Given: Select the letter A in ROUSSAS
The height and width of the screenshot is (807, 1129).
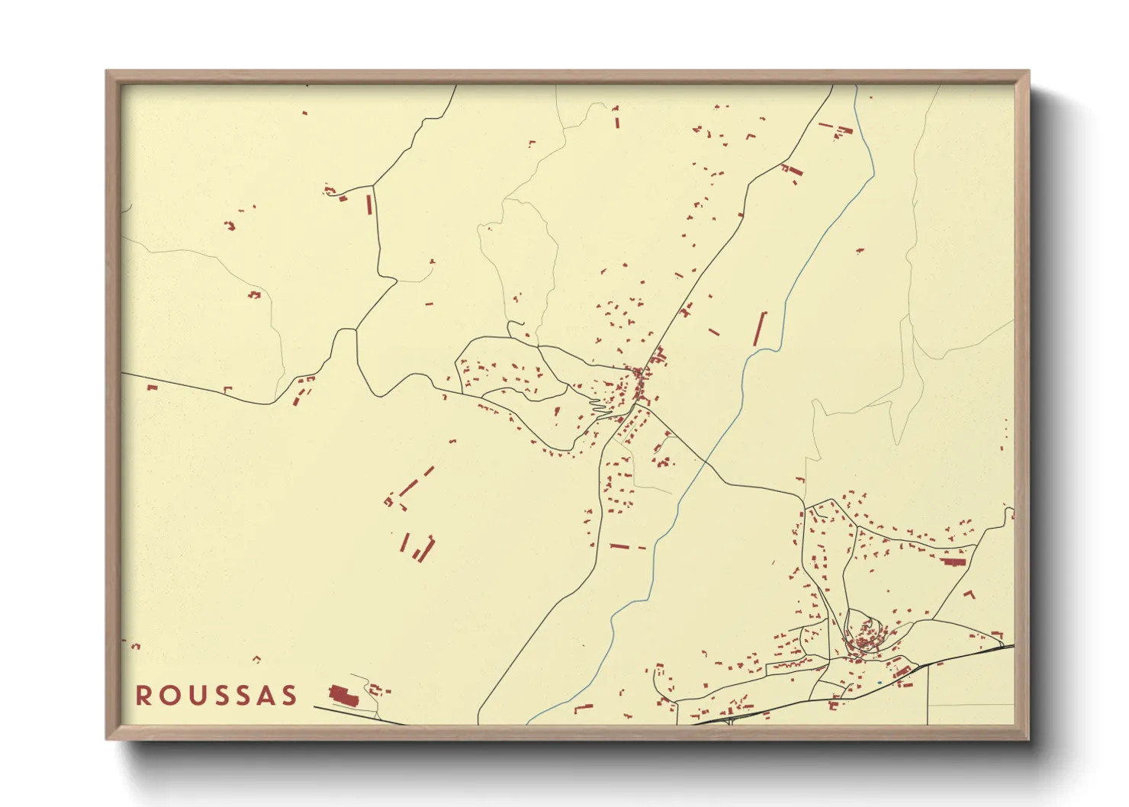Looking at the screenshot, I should click(x=264, y=696).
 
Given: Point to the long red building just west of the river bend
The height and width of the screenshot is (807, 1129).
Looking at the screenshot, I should click(x=760, y=329).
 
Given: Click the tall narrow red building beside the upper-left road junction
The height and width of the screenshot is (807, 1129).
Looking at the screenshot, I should click(x=370, y=204).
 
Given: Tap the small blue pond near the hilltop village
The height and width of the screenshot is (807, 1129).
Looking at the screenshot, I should click(x=879, y=682).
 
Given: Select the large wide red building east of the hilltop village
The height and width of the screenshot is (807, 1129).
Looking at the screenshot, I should click(x=954, y=561).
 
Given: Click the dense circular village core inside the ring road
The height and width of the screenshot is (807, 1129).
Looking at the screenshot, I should click(x=866, y=636).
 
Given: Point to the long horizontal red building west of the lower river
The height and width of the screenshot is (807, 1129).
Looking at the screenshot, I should click(x=619, y=546).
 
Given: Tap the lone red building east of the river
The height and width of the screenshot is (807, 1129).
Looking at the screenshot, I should click(x=860, y=249).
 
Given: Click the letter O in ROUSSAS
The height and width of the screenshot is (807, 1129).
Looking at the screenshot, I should click(x=167, y=696).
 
